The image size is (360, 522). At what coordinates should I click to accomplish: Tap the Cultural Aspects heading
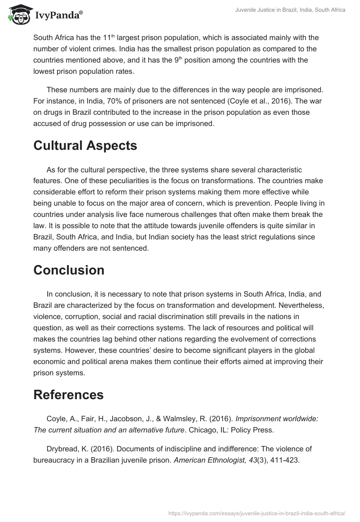[x=85, y=145]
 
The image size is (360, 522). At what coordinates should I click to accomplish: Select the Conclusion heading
[x=69, y=270]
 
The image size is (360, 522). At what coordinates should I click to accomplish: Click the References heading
[x=68, y=395]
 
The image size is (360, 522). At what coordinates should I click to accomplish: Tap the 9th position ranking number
[x=179, y=60]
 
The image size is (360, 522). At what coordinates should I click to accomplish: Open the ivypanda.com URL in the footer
[x=257, y=513]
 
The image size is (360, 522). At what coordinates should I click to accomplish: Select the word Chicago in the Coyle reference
[x=203, y=430]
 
